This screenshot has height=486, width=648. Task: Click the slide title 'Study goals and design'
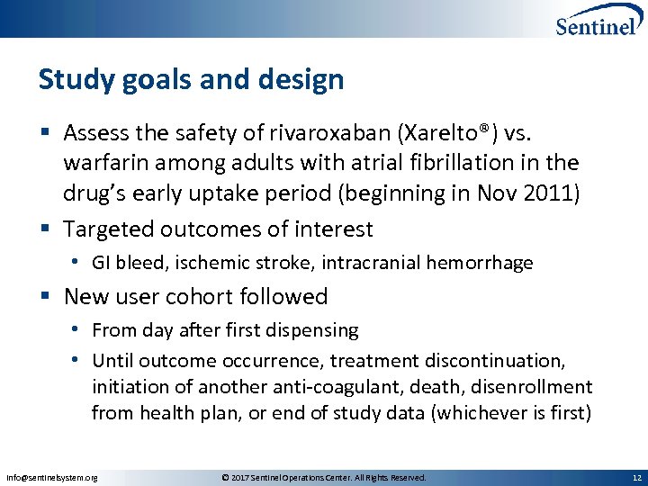click(x=191, y=80)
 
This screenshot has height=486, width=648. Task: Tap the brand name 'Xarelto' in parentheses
click(x=433, y=134)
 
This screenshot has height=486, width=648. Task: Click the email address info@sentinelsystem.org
click(x=51, y=477)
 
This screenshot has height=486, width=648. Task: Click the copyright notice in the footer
click(x=323, y=477)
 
